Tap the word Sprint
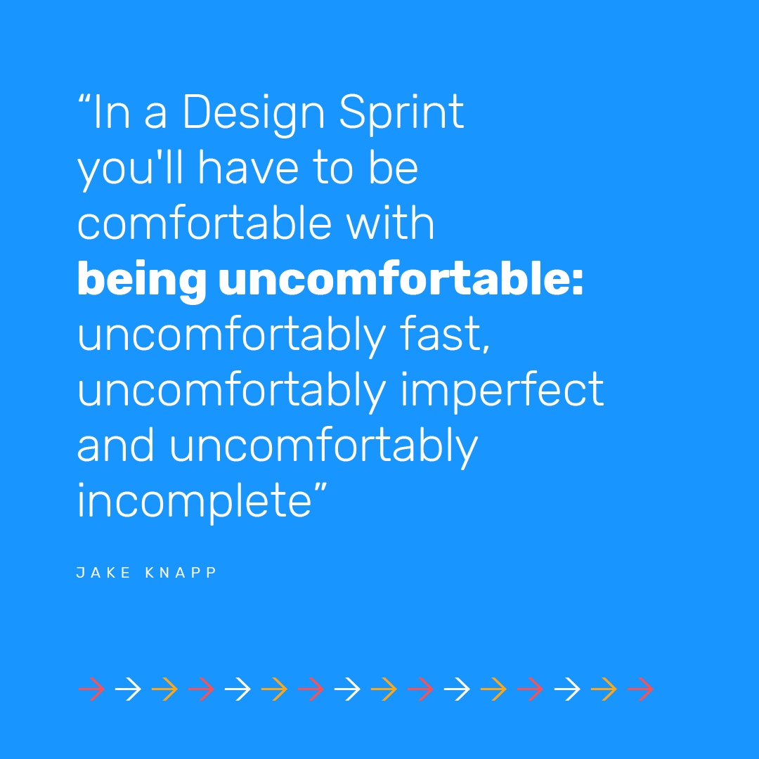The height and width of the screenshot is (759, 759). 402,112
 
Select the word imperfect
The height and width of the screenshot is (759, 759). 502,390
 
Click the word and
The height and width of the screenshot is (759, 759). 115,446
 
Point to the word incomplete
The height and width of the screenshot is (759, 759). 194,501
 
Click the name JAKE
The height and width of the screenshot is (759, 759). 103,573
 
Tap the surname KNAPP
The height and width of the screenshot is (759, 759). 182,573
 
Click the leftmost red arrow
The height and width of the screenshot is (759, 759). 91,690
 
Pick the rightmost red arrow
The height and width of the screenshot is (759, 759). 640,690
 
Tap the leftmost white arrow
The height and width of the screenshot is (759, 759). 128,690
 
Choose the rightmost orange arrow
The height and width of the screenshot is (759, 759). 604,690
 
